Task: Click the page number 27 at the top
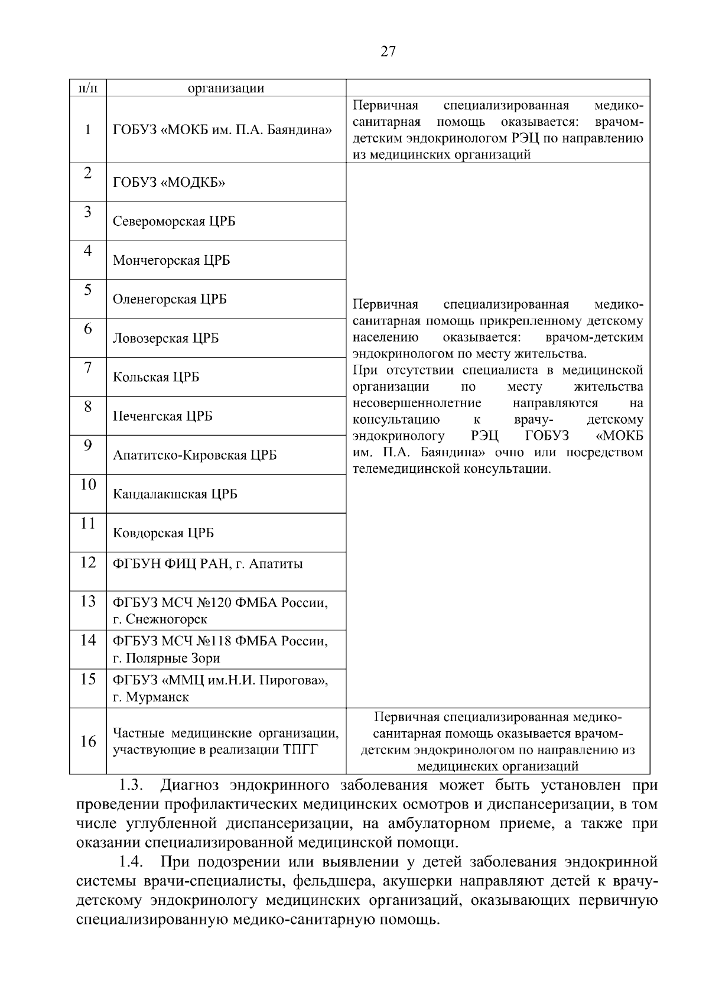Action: click(388, 51)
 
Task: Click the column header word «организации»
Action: click(226, 89)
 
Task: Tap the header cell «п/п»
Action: click(88, 89)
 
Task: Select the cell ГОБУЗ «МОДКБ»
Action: click(169, 183)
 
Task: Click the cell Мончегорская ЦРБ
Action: click(171, 261)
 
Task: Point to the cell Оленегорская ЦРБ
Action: click(170, 299)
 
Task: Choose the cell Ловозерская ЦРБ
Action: click(165, 339)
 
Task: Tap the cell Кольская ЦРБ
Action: click(156, 378)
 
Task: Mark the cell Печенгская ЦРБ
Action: click(162, 417)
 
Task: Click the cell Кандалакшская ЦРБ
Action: click(175, 494)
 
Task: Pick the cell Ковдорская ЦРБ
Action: click(163, 533)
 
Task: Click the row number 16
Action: click(88, 742)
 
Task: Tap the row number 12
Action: click(88, 563)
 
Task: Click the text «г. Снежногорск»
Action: click(160, 619)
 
